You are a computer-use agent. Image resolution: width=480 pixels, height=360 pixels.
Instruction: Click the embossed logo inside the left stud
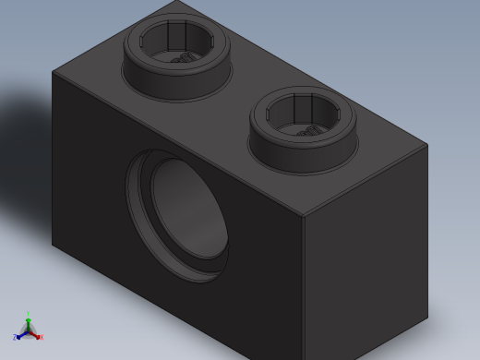185,57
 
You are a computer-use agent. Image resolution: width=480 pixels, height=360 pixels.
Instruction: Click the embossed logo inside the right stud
312,130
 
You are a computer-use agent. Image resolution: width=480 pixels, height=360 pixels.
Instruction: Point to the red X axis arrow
35,335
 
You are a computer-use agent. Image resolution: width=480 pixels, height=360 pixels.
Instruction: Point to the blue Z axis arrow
19,335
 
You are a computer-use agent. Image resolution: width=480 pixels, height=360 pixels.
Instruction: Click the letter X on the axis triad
41,337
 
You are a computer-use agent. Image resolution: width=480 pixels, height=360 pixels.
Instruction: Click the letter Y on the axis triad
28,314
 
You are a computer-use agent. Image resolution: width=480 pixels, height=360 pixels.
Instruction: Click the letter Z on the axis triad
15,338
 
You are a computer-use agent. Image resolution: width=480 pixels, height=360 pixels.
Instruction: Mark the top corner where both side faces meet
304,217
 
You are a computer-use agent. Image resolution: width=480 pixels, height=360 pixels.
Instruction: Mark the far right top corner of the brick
427,144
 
